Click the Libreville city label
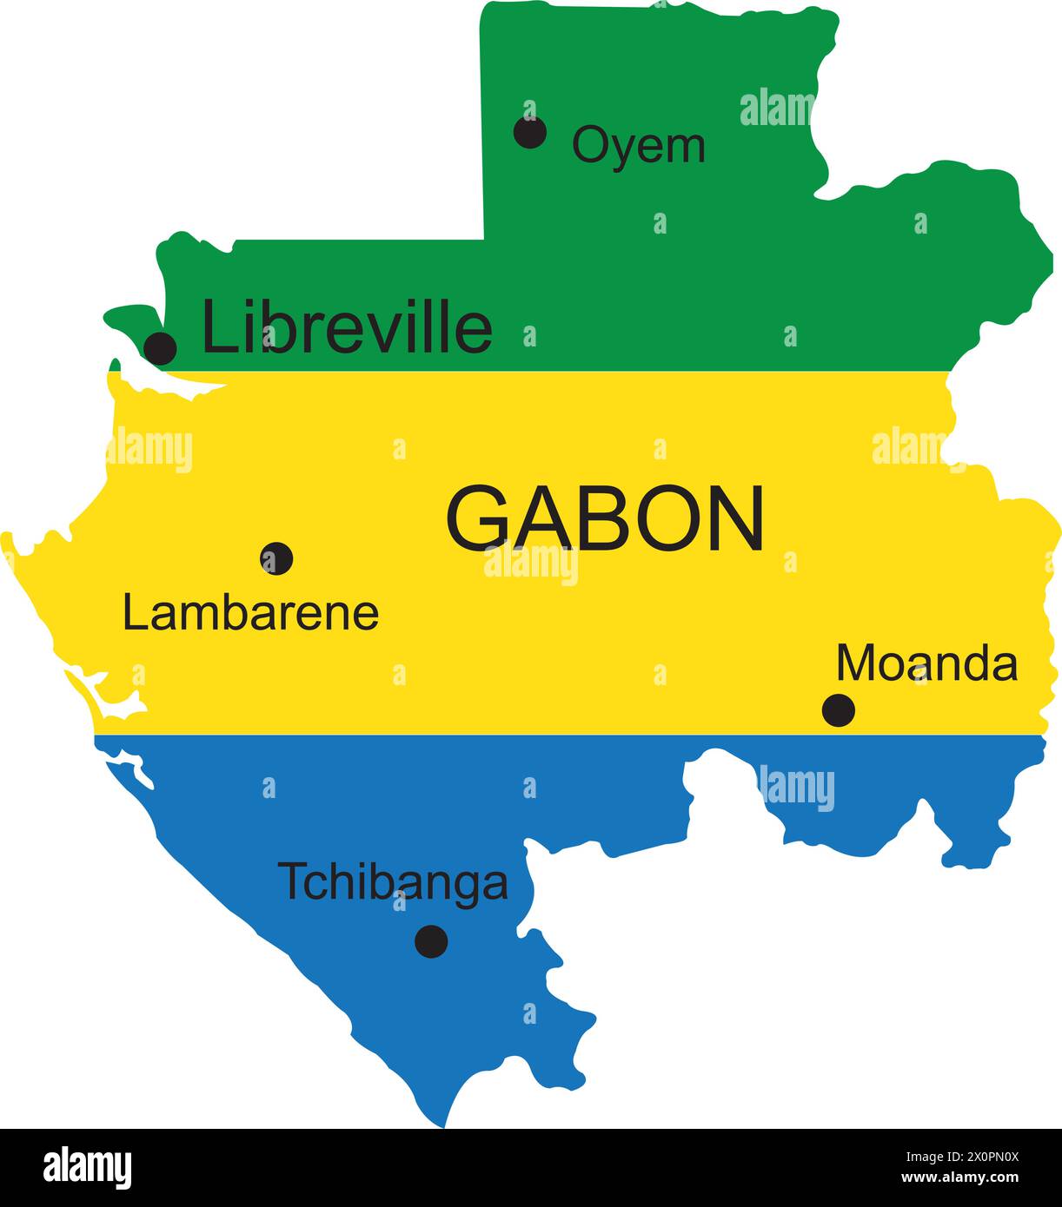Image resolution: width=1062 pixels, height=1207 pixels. [347, 327]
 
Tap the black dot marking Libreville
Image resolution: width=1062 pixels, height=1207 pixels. [160, 348]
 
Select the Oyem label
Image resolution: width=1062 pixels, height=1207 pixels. [638, 145]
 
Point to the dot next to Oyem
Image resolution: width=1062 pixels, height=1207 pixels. [530, 132]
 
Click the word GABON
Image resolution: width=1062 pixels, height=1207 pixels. [605, 518]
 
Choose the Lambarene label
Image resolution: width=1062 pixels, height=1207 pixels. [250, 613]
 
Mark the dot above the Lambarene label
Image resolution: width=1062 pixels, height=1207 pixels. [276, 558]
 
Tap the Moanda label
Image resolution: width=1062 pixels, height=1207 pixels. [926, 664]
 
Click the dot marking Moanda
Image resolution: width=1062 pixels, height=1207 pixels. [839, 710]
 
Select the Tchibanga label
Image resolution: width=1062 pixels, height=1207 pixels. [393, 882]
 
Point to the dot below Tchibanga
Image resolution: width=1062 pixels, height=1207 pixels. [431, 941]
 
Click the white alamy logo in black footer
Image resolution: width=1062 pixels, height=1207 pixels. [87, 1167]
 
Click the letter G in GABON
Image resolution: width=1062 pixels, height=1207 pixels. [475, 518]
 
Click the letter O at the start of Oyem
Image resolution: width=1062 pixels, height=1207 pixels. [588, 145]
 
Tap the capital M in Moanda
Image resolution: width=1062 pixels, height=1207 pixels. [857, 663]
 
